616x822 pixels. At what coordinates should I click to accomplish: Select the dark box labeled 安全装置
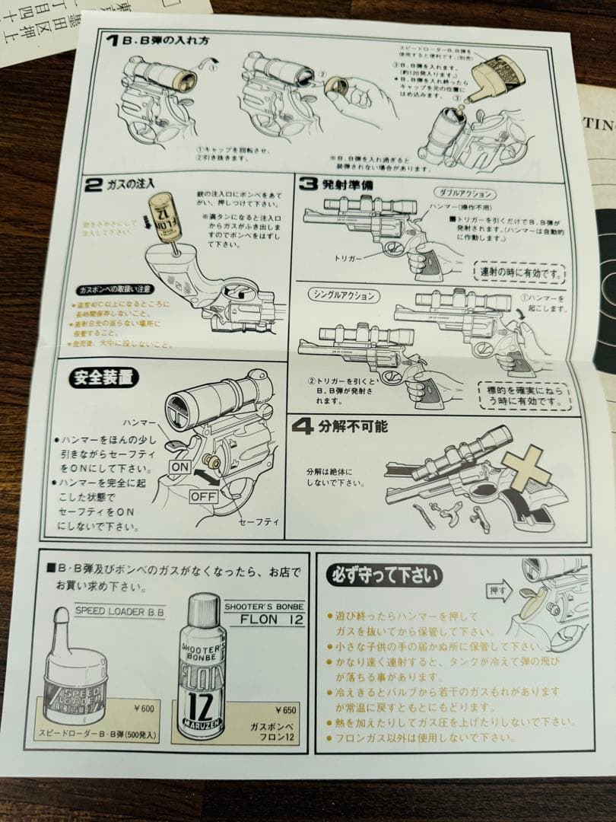click(x=102, y=377)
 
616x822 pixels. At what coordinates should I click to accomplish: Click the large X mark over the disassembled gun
click(x=526, y=467)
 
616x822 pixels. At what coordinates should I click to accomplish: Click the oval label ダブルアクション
click(x=463, y=195)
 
